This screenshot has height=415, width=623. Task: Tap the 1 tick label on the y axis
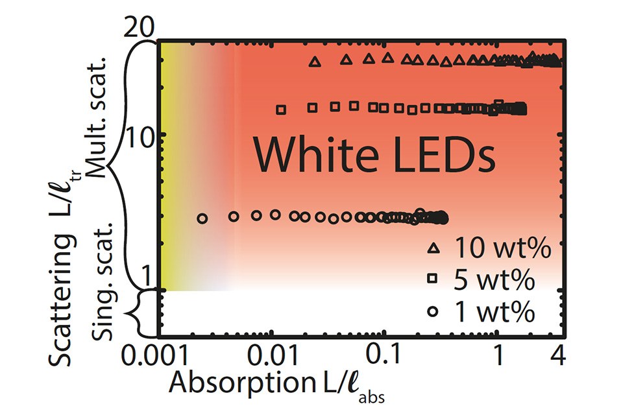pyautogui.click(x=146, y=277)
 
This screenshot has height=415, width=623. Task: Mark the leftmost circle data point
pyautogui.click(x=202, y=219)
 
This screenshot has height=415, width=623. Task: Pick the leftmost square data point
pyautogui.click(x=281, y=110)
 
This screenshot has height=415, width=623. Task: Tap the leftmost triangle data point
pyautogui.click(x=315, y=62)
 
